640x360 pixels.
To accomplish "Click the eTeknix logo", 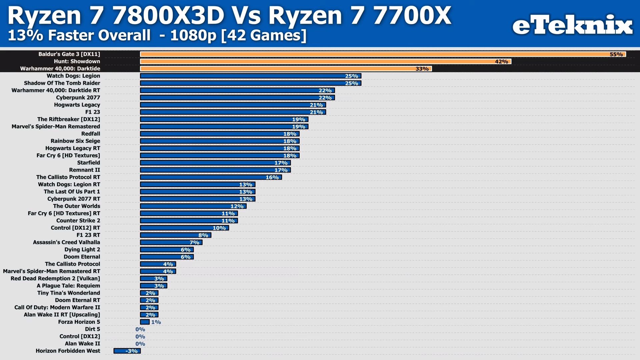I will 572,25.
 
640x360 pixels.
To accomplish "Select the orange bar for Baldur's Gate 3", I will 367,54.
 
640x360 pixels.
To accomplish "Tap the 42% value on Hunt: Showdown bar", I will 501,62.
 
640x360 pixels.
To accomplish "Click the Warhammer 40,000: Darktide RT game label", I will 56,90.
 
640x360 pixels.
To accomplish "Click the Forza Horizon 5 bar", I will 145,322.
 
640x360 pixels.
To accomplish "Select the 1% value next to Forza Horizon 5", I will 156,322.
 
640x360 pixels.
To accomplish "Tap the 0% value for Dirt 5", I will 140,329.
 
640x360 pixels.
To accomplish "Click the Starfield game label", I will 88,163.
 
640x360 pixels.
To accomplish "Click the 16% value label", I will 272,177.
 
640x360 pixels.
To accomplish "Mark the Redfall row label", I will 90,134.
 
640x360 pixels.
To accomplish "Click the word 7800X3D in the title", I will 168,16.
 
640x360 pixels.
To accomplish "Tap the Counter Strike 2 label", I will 78,221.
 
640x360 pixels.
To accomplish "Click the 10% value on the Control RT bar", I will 219,228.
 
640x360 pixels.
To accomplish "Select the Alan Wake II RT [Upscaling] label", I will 62,315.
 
